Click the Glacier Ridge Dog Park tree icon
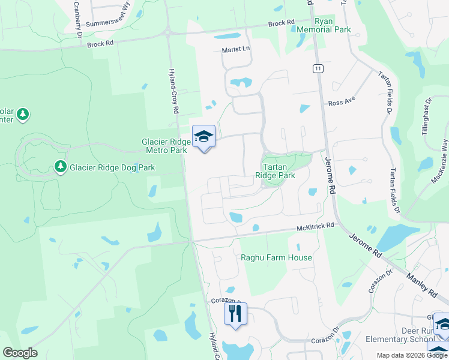click(x=60, y=166)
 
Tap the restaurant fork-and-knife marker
click(x=235, y=313)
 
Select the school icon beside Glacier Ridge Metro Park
click(x=203, y=137)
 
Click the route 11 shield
click(x=318, y=69)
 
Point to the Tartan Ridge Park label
click(x=275, y=171)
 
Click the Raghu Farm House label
click(x=276, y=257)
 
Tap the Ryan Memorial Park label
click(x=332, y=25)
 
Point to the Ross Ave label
click(x=343, y=103)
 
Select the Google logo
click(x=20, y=352)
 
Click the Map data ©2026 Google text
click(x=412, y=355)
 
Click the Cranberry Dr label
click(x=77, y=18)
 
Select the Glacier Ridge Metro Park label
click(x=164, y=146)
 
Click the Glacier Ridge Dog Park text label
click(x=112, y=167)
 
